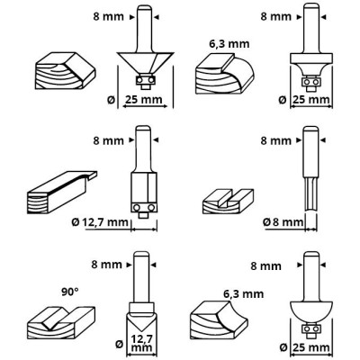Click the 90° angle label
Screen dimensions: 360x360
(70, 292)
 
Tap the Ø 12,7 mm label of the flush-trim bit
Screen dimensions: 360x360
(100, 222)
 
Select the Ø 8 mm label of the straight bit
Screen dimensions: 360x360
(283, 222)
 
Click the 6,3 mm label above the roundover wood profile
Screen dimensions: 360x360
(229, 44)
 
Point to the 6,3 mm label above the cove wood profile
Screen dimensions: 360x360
(244, 294)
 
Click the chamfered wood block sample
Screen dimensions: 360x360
(66, 70)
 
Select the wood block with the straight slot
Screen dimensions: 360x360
(228, 201)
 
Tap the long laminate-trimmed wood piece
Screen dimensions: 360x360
(62, 193)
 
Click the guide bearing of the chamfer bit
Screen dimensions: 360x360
(146, 80)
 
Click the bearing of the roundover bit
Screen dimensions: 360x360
(311, 82)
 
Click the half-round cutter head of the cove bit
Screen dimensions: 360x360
(311, 313)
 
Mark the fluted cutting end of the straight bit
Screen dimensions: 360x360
(310, 193)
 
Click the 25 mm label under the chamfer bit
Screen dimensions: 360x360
(143, 100)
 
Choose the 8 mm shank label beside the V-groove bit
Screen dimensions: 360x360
(107, 265)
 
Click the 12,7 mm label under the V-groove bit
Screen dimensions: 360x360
(141, 344)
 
